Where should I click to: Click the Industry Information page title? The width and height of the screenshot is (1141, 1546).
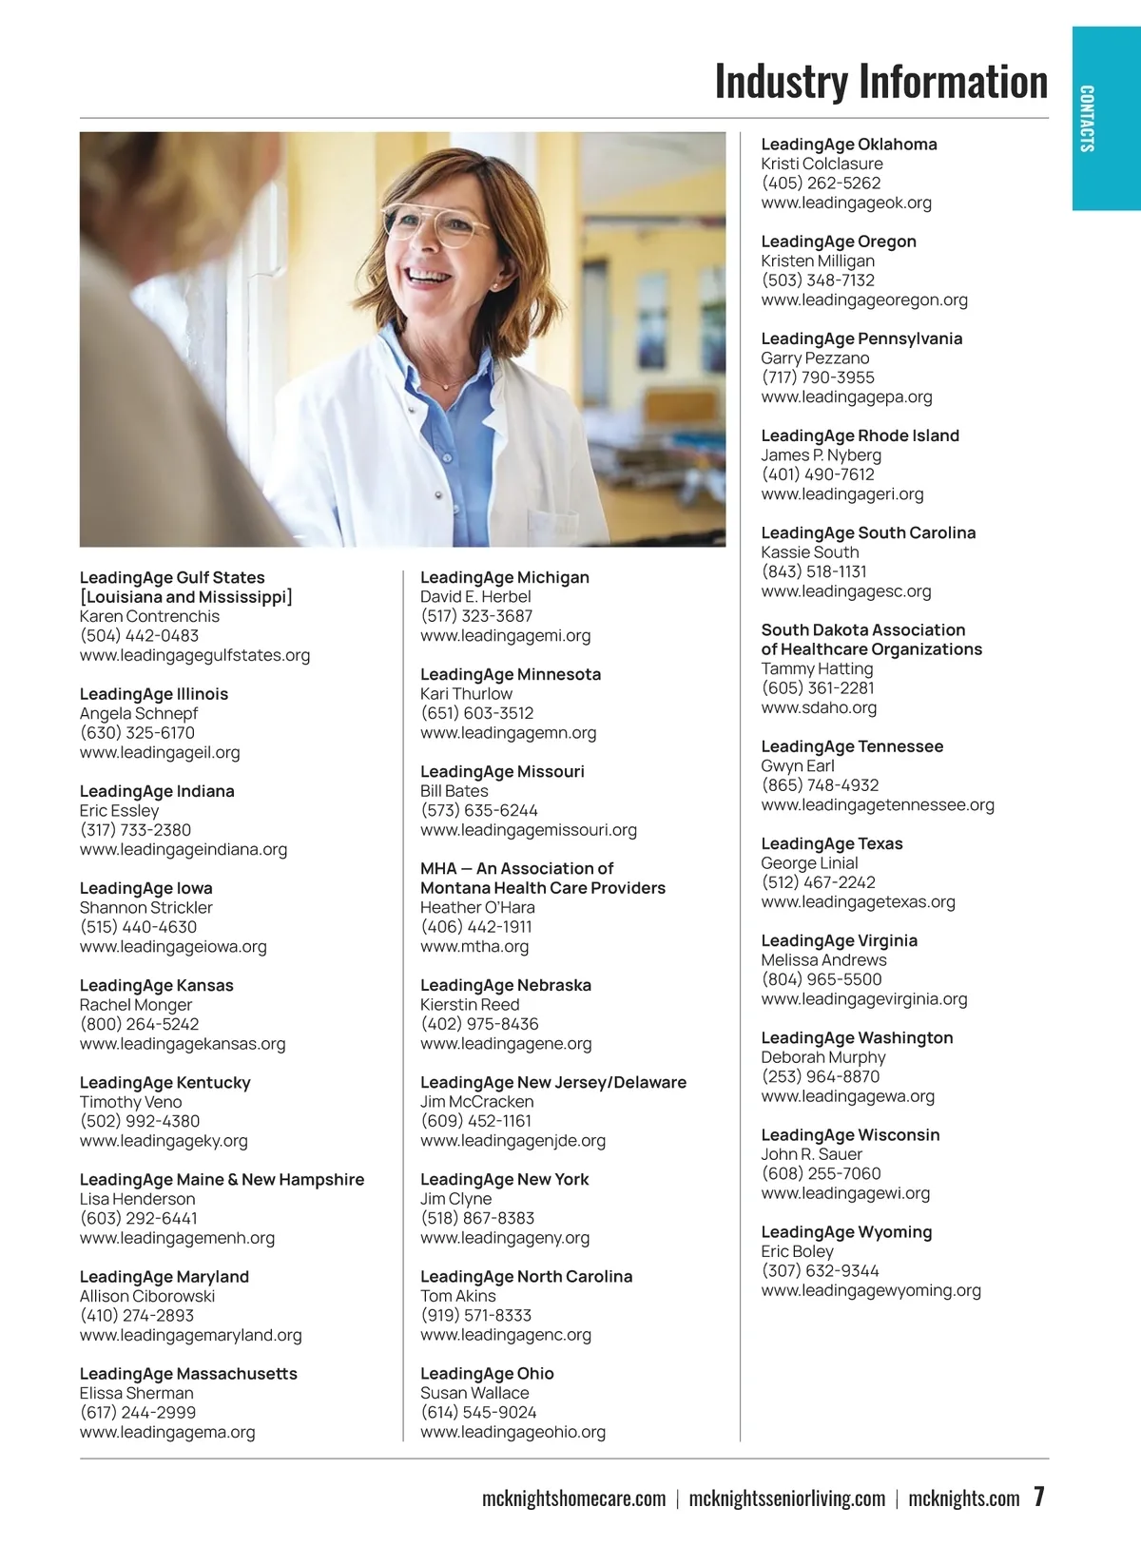pyautogui.click(x=880, y=82)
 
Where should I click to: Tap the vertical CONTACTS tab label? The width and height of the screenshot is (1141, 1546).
pyautogui.click(x=1087, y=119)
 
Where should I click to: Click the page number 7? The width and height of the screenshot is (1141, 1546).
pyautogui.click(x=1039, y=1497)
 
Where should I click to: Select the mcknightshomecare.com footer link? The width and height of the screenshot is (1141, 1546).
pyautogui.click(x=573, y=1499)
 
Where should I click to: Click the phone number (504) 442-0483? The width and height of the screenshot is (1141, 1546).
pyautogui.click(x=139, y=635)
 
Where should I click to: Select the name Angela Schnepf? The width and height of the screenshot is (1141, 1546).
pyautogui.click(x=139, y=713)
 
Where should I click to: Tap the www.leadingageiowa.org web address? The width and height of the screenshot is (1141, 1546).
pyautogui.click(x=173, y=946)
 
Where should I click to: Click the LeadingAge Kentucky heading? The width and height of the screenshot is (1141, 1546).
pyautogui.click(x=165, y=1082)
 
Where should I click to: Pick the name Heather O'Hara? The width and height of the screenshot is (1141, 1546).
pyautogui.click(x=477, y=907)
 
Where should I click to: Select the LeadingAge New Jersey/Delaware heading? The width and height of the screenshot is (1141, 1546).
pyautogui.click(x=553, y=1082)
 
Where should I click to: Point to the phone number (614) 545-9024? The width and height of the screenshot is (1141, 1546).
pyautogui.click(x=478, y=1412)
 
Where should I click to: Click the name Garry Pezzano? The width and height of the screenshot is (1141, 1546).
pyautogui.click(x=815, y=358)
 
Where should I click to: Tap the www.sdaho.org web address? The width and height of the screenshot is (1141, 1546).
pyautogui.click(x=819, y=707)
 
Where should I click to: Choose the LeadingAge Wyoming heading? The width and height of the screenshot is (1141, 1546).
pyautogui.click(x=846, y=1231)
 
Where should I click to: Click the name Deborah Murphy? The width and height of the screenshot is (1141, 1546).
pyautogui.click(x=823, y=1057)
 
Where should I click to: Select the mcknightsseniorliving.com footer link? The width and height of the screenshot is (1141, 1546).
pyautogui.click(x=786, y=1499)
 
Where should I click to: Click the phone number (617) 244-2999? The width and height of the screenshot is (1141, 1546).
pyautogui.click(x=138, y=1412)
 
